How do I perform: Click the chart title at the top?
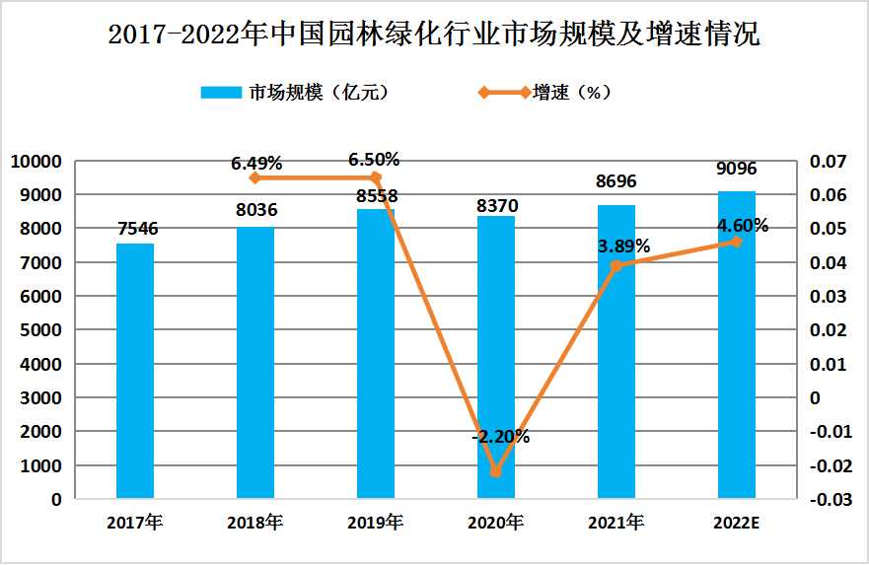434,36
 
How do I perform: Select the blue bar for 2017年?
135,371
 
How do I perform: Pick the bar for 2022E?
736,345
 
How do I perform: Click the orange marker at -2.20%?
495,471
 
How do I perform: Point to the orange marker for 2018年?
254,178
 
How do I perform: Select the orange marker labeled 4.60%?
736,242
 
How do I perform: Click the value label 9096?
737,170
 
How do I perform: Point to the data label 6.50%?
374,160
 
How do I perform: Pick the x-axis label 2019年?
375,523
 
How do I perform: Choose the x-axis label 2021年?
616,523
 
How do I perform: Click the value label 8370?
495,205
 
